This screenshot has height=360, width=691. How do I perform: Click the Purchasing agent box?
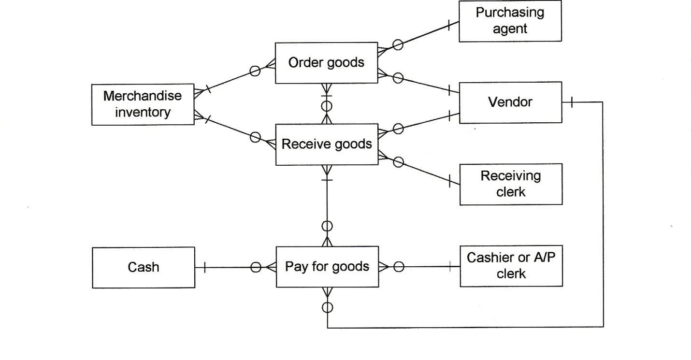pyautogui.click(x=510, y=21)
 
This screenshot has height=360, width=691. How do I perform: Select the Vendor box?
pyautogui.click(x=510, y=102)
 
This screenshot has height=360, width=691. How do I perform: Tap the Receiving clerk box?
pyautogui.click(x=511, y=184)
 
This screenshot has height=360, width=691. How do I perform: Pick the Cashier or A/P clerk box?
pyautogui.click(x=511, y=266)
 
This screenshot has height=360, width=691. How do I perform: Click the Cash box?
pyautogui.click(x=144, y=267)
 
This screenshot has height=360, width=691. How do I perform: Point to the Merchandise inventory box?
pyautogui.click(x=143, y=104)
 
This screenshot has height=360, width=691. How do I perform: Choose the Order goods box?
pyautogui.click(x=326, y=63)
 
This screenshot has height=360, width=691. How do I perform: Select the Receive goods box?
pyautogui.click(x=327, y=144)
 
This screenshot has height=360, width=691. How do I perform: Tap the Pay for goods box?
pyautogui.click(x=327, y=267)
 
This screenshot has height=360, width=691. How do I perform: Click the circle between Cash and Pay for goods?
pyautogui.click(x=256, y=267)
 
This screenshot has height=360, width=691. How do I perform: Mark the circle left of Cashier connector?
pyautogui.click(x=399, y=267)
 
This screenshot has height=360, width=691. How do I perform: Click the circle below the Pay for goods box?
pyautogui.click(x=328, y=307)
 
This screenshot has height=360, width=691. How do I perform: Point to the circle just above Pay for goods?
pyautogui.click(x=328, y=226)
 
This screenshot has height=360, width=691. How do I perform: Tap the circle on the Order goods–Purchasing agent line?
pyautogui.click(x=398, y=45)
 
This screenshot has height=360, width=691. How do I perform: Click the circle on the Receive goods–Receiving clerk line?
pyautogui.click(x=399, y=162)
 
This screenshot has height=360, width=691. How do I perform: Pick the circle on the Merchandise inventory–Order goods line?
pyautogui.click(x=255, y=71)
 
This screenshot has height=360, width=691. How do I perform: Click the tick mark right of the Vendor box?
pyautogui.click(x=572, y=102)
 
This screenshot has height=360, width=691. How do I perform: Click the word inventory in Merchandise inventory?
pyautogui.click(x=143, y=113)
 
